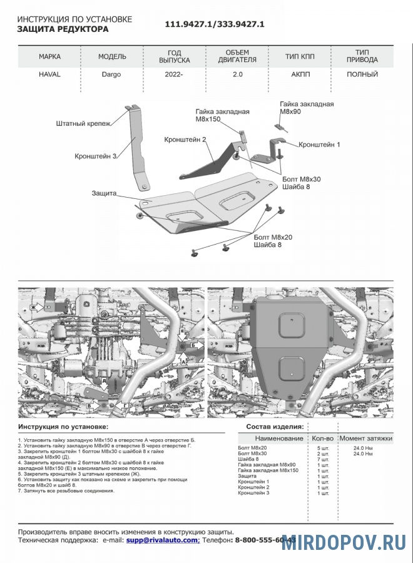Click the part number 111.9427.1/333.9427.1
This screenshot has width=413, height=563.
(x=215, y=24)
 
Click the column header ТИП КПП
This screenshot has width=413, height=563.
(x=300, y=56)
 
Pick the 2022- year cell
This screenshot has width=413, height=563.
(x=175, y=74)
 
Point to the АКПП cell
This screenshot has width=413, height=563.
(x=300, y=74)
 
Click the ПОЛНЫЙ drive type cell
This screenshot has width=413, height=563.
(x=362, y=74)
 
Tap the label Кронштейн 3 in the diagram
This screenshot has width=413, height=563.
(x=96, y=156)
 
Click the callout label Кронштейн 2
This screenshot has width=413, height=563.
(x=185, y=139)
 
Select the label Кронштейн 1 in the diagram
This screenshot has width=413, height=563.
(x=320, y=145)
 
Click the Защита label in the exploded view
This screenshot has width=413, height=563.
(x=104, y=193)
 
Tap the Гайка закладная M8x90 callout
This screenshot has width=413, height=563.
(x=307, y=108)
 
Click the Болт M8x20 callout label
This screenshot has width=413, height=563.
(x=273, y=237)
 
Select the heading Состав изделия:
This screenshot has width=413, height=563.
(x=275, y=427)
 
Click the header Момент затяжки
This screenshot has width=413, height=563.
(x=366, y=439)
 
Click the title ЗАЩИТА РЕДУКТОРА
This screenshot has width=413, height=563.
(x=63, y=29)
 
